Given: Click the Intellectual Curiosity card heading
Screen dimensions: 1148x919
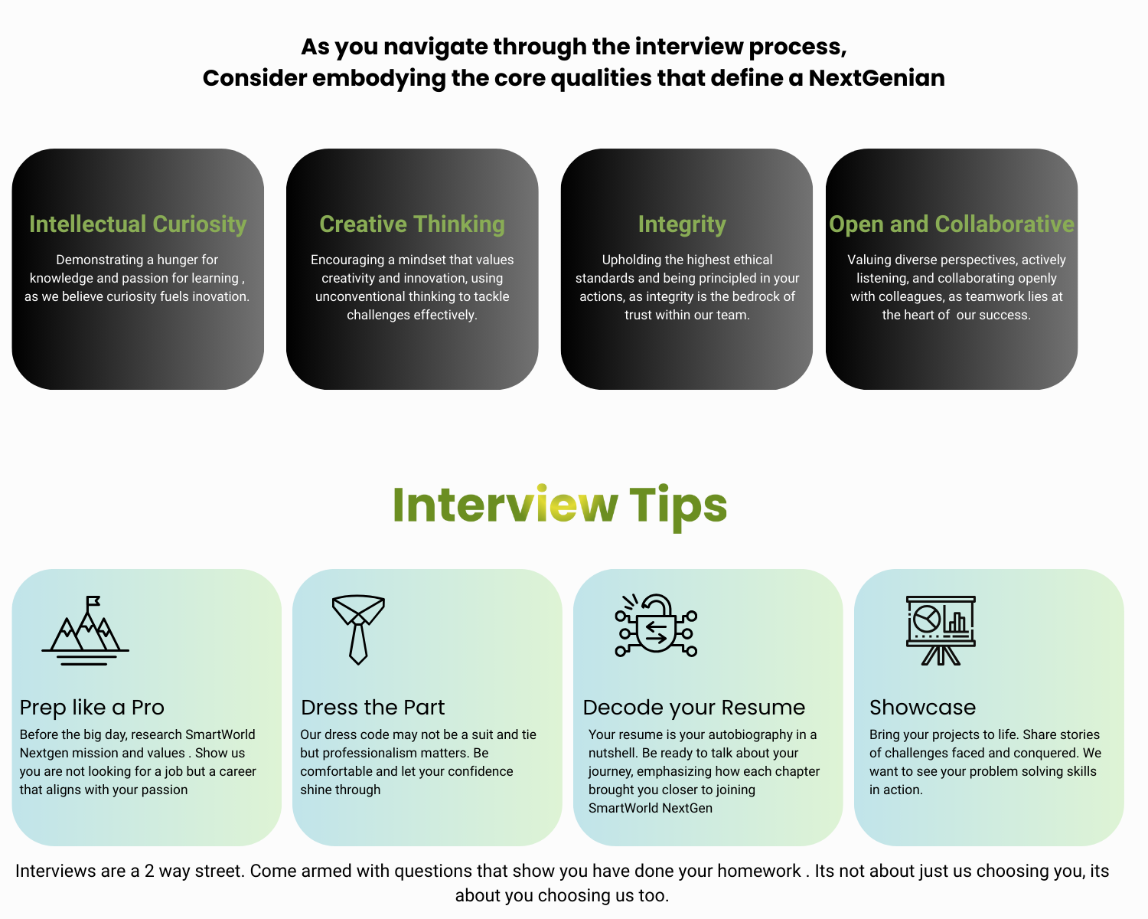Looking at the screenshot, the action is click(138, 224).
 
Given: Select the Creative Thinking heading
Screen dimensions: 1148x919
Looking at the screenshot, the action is click(412, 224).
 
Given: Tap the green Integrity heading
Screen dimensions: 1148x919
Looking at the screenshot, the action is click(682, 225).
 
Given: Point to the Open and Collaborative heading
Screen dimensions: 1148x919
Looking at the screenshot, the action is click(951, 224).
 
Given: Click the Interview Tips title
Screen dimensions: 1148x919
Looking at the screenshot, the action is click(559, 505).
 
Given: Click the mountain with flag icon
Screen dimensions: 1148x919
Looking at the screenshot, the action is click(86, 630).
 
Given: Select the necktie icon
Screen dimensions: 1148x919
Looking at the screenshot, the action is click(358, 629).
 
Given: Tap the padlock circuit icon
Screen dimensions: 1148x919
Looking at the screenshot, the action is click(656, 626).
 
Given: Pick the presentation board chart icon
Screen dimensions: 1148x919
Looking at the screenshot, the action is click(941, 630).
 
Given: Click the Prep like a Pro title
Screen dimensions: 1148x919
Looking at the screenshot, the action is click(92, 707).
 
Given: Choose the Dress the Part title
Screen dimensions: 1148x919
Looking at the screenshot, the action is click(373, 707).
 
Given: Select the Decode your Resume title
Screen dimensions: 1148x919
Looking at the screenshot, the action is click(693, 708).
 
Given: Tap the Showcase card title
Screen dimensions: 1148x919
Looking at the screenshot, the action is click(922, 707).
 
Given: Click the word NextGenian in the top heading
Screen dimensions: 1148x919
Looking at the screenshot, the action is click(876, 78).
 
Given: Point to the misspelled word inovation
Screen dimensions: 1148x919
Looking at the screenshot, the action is click(220, 296).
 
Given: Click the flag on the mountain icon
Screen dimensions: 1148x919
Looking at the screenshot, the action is click(93, 601).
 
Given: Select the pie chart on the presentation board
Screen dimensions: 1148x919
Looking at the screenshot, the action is click(927, 620).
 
